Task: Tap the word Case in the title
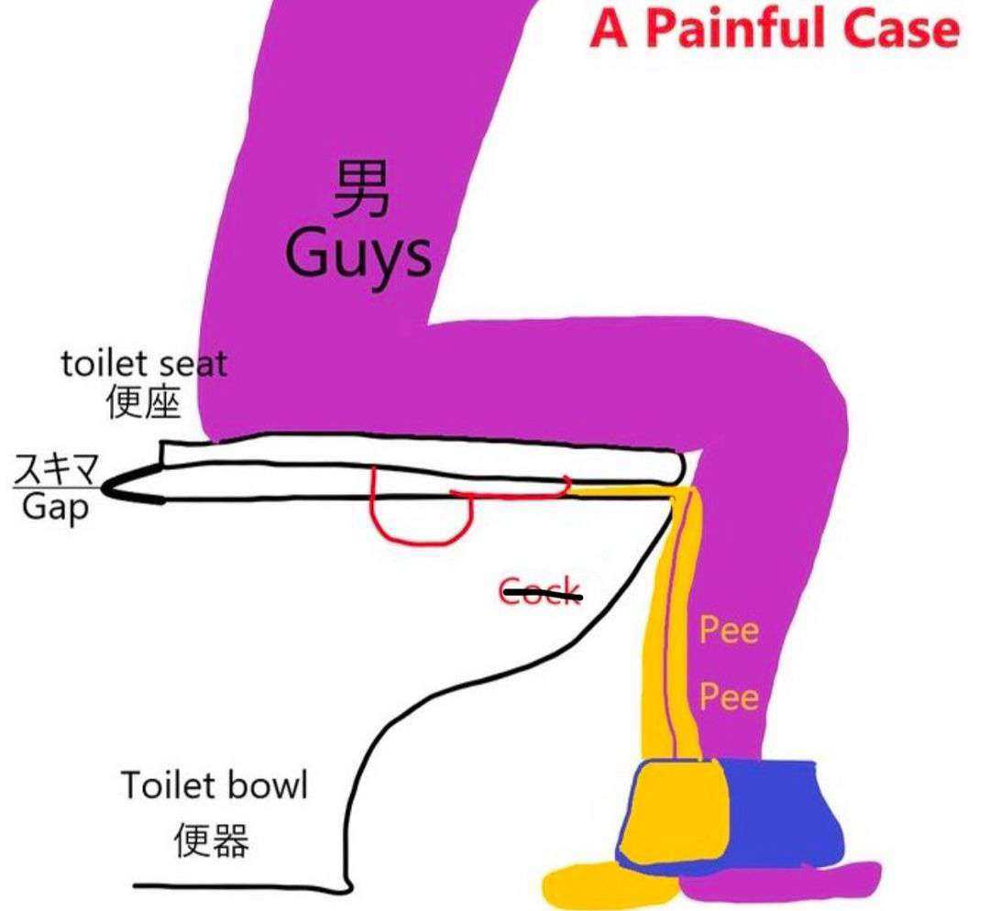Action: pyautogui.click(x=903, y=29)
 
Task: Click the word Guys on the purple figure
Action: pyautogui.click(x=357, y=257)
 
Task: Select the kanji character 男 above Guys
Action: pyautogui.click(x=360, y=189)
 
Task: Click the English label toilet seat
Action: pyautogui.click(x=144, y=364)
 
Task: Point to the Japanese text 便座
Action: pyautogui.click(x=144, y=401)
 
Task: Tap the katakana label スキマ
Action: pyautogui.click(x=57, y=468)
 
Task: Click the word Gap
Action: pyautogui.click(x=56, y=507)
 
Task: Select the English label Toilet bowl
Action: pyautogui.click(x=214, y=785)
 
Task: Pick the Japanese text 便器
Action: pyautogui.click(x=212, y=840)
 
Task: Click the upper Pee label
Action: pyautogui.click(x=730, y=630)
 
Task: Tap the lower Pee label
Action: pyautogui.click(x=730, y=697)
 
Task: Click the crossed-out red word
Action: pyautogui.click(x=540, y=591)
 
